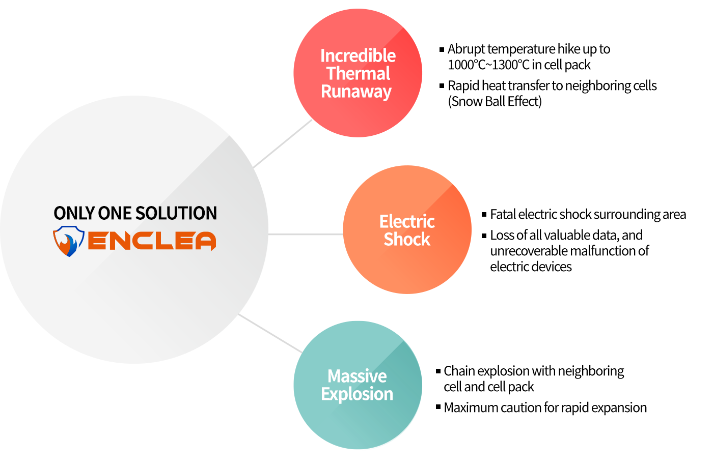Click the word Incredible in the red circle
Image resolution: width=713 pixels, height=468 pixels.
(358, 55)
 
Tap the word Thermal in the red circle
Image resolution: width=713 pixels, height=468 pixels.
(358, 74)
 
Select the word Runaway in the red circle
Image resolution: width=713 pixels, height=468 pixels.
(356, 92)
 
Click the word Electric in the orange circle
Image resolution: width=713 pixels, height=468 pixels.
(406, 221)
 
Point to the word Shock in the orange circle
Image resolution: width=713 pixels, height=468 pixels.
(406, 239)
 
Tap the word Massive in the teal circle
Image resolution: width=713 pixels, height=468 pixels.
(357, 376)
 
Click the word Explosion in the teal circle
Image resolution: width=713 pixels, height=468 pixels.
(356, 394)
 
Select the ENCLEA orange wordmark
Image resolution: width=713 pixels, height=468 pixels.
(152, 241)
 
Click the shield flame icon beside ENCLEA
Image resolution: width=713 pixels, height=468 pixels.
(68, 241)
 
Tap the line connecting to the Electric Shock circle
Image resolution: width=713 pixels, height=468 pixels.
(306, 235)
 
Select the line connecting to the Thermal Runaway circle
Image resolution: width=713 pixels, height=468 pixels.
(283, 143)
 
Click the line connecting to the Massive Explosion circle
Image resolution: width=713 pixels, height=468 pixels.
(270, 333)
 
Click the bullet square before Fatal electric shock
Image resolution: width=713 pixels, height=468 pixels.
(484, 215)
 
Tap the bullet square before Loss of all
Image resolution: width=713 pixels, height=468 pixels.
(484, 236)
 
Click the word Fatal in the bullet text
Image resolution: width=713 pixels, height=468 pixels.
(503, 214)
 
